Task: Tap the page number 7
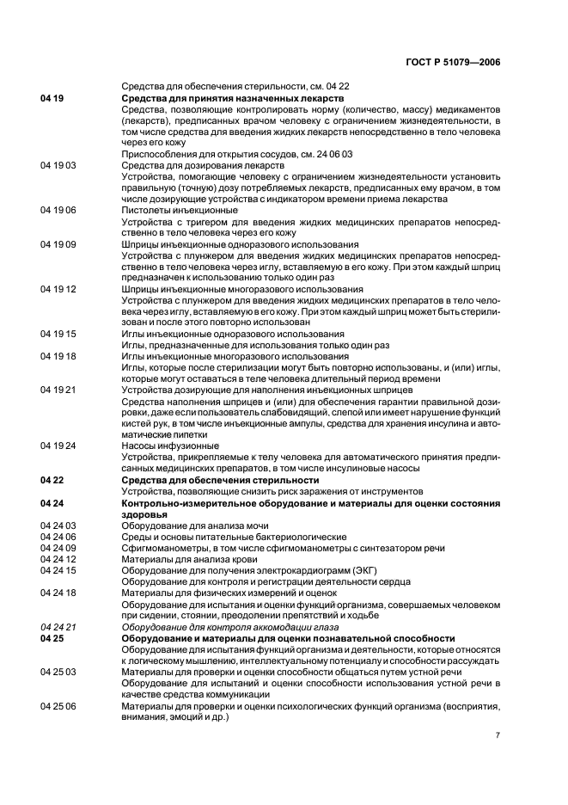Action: tap(498, 735)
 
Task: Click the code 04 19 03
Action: tap(58, 163)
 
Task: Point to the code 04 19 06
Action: tap(58, 210)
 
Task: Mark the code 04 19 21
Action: tap(58, 390)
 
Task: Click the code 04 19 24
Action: tap(58, 446)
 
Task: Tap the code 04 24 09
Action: tap(58, 548)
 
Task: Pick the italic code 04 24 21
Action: tap(58, 627)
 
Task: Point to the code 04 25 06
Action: tap(58, 706)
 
